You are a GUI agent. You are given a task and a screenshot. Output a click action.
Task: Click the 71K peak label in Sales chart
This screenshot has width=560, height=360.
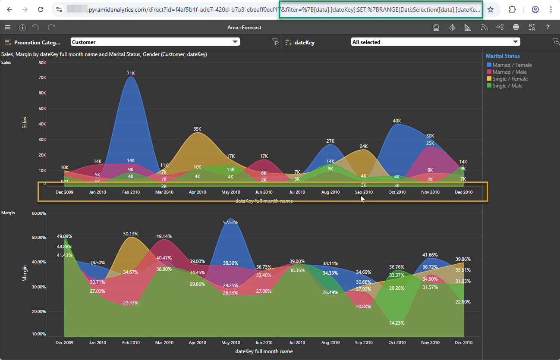[x=131, y=73]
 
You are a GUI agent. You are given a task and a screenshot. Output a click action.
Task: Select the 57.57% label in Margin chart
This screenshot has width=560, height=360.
[x=230, y=222]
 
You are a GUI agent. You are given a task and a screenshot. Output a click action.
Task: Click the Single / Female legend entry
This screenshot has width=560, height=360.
[x=507, y=79]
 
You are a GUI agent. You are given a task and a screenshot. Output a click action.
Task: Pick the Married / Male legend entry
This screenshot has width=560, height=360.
[x=507, y=72]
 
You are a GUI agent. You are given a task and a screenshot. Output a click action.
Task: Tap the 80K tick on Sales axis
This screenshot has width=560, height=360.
[x=42, y=63]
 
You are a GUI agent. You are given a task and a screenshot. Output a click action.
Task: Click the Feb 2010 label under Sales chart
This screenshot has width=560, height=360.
[x=131, y=192]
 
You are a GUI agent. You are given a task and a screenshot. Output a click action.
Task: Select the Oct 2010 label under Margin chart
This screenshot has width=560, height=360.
[x=397, y=343]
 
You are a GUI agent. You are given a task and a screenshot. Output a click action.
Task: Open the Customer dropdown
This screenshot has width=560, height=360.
[x=155, y=42]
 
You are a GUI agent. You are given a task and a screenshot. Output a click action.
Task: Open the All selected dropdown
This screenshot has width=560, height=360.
[x=435, y=42]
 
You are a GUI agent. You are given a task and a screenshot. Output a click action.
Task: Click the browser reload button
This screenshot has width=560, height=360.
[x=41, y=9]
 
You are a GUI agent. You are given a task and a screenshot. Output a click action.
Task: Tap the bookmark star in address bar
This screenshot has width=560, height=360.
[x=491, y=9]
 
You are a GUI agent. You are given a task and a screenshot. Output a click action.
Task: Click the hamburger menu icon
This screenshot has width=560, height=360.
[x=7, y=27]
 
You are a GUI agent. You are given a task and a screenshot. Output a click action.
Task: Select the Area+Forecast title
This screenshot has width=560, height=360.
[x=244, y=28]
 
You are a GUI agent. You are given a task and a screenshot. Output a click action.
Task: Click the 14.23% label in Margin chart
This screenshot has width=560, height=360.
[x=396, y=323]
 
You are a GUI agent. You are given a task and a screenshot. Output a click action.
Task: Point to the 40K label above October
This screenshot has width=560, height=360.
[x=396, y=121]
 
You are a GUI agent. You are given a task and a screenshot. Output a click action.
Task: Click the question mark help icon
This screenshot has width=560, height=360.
[x=548, y=27]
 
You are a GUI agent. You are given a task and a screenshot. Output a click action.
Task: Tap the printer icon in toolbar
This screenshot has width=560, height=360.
[x=516, y=27]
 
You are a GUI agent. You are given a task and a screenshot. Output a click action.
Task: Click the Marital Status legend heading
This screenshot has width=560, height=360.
[x=503, y=56]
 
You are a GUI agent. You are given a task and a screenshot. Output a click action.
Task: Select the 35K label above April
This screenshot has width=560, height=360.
[x=197, y=129]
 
